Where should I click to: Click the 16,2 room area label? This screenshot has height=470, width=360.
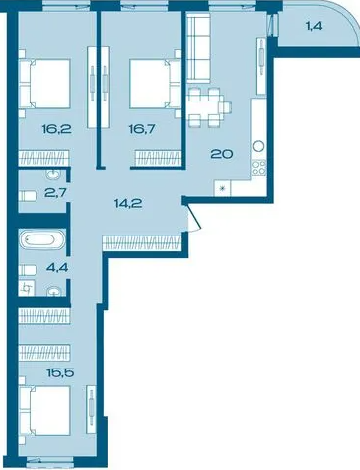(x=57, y=129)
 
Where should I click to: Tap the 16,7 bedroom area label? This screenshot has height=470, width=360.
(x=142, y=129)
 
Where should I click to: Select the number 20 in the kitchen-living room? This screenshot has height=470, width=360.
(x=222, y=154)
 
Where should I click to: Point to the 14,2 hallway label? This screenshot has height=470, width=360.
(x=128, y=204)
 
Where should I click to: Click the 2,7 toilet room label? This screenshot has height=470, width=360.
(x=57, y=192)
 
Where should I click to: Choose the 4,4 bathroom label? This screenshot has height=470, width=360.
(x=57, y=267)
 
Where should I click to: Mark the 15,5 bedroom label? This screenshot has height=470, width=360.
(x=60, y=372)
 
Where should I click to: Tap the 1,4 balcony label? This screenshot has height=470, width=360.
(x=314, y=26)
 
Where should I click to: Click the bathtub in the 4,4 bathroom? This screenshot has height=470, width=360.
(x=42, y=239)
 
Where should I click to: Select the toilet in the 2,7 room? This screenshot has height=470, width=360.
(x=28, y=196)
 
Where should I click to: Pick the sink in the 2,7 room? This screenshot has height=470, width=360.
(x=53, y=175)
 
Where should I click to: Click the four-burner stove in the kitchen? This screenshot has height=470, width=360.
(x=258, y=168)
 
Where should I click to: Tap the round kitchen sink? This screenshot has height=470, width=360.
(x=258, y=145)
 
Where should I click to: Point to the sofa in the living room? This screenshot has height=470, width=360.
(x=198, y=49)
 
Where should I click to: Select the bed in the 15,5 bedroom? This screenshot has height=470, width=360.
(x=44, y=411)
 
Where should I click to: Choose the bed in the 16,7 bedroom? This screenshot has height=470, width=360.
(x=155, y=84)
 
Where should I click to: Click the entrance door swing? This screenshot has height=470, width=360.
(x=193, y=217)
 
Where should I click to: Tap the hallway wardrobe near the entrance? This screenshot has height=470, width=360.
(x=142, y=243)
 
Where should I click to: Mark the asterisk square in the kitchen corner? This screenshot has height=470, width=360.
(x=222, y=188)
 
